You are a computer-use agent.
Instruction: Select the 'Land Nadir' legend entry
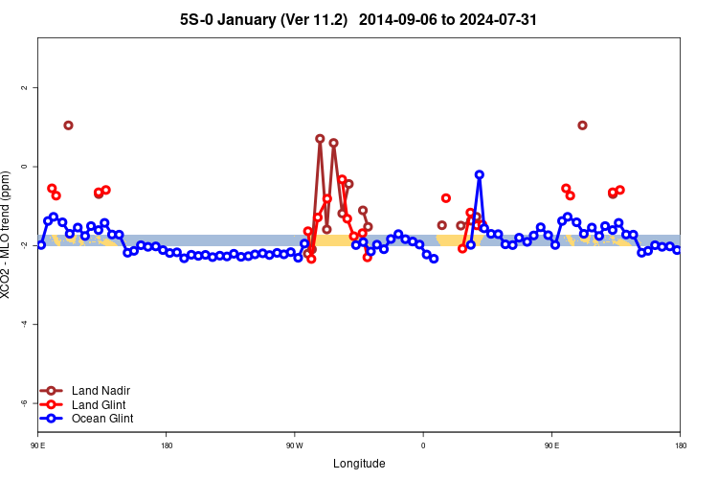pyautogui.click(x=101, y=391)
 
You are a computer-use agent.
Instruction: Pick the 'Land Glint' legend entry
pyautogui.click(x=100, y=404)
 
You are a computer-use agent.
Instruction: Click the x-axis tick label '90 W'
pyautogui.click(x=294, y=445)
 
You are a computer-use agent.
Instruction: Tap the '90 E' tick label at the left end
pyautogui.click(x=38, y=445)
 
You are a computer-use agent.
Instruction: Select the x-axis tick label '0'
pyautogui.click(x=423, y=445)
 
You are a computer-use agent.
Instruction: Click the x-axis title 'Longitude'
pyautogui.click(x=359, y=464)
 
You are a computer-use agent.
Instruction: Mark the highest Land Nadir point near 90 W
pyautogui.click(x=320, y=139)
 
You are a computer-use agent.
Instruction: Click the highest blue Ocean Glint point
pyautogui.click(x=479, y=174)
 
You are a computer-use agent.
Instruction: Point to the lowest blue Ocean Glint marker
pyautogui.click(x=434, y=259)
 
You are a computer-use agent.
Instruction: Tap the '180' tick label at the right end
pyautogui.click(x=680, y=445)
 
